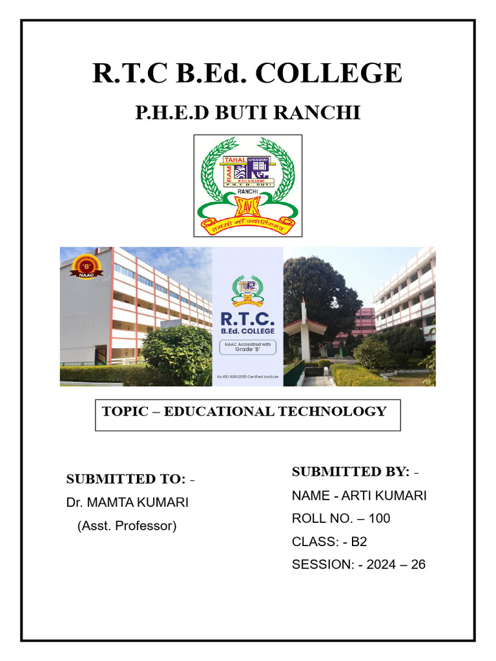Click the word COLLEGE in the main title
tap(329, 73)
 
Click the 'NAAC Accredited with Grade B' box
tap(248, 347)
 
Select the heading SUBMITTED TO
tap(126, 479)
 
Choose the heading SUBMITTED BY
tap(351, 472)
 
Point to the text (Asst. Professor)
tap(127, 525)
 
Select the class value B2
tap(358, 542)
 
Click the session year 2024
tap(380, 564)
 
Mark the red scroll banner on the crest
tap(248, 224)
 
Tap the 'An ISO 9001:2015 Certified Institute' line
tap(248, 375)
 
